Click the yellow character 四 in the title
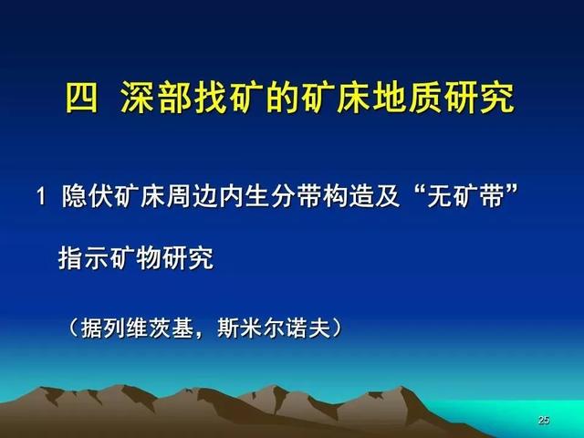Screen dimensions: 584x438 (81, 98)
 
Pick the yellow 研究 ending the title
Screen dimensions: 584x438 (482, 98)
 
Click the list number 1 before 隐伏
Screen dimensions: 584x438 (41, 196)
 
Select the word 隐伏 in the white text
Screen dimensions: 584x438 (88, 196)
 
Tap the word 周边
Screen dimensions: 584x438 (193, 196)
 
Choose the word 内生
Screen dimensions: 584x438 (245, 196)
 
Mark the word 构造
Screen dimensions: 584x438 (349, 196)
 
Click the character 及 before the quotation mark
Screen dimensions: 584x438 (387, 196)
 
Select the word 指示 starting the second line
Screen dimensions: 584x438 (83, 257)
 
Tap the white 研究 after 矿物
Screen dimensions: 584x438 (188, 257)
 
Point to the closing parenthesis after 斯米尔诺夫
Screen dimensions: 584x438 (337, 328)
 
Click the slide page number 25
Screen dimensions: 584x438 (544, 420)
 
